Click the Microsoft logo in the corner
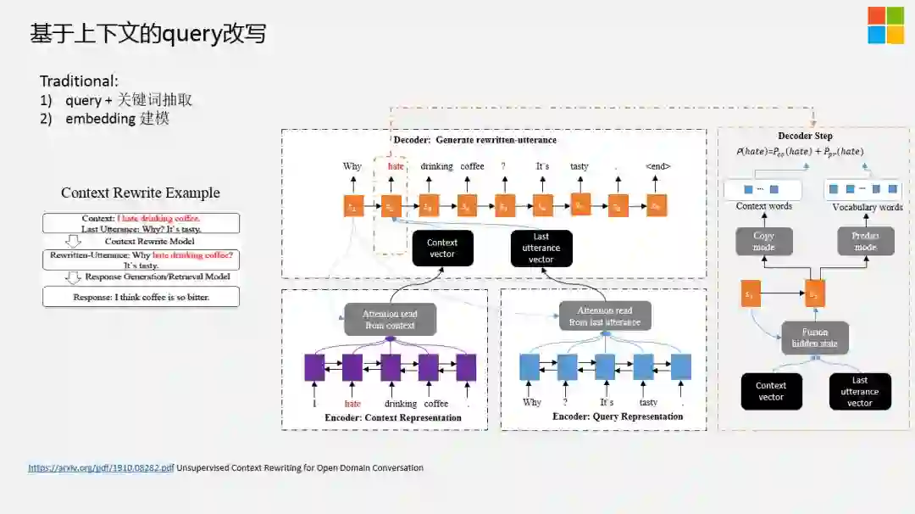pyautogui.click(x=885, y=25)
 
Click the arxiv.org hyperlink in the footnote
pyautogui.click(x=101, y=467)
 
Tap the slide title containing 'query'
pyautogui.click(x=148, y=33)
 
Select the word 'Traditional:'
pyautogui.click(x=79, y=81)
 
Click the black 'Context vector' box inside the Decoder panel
pyautogui.click(x=442, y=248)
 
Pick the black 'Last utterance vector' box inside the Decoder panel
pyautogui.click(x=541, y=248)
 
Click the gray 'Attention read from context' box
pyautogui.click(x=390, y=319)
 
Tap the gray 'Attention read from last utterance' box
pyautogui.click(x=605, y=316)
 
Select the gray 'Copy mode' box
pyautogui.click(x=764, y=242)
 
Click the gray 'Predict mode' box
pyautogui.click(x=865, y=242)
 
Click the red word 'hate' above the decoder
pyautogui.click(x=396, y=166)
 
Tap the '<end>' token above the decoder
pyautogui.click(x=657, y=166)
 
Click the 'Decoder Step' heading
pyautogui.click(x=805, y=136)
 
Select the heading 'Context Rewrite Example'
pyautogui.click(x=141, y=193)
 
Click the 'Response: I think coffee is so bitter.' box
pyautogui.click(x=141, y=297)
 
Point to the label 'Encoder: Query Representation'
pyautogui.click(x=618, y=416)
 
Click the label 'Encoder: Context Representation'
pyautogui.click(x=393, y=417)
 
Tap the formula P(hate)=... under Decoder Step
pyautogui.click(x=800, y=152)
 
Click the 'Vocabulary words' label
pyautogui.click(x=867, y=207)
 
